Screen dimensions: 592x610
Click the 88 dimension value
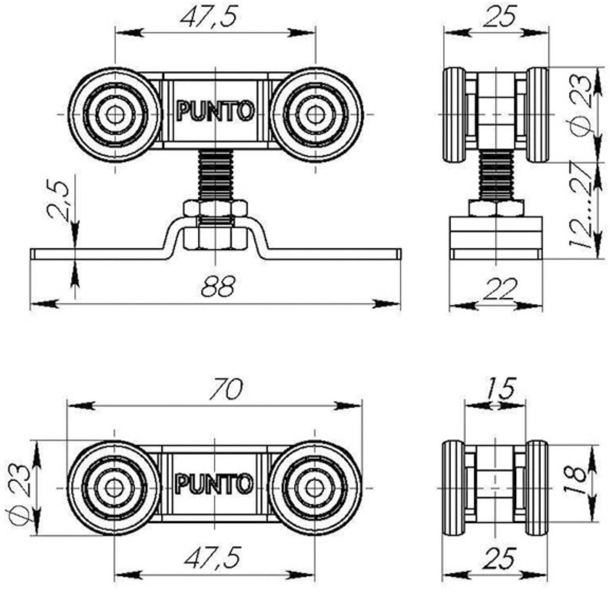pos(218,286)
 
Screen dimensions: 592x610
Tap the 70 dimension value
pos(226,389)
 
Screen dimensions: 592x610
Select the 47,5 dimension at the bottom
pos(212,557)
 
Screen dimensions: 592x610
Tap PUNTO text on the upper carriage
pos(215,111)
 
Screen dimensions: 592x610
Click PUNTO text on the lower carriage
pos(214,484)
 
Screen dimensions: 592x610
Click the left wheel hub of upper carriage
pos(115,114)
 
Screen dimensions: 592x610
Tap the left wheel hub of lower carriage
pos(115,488)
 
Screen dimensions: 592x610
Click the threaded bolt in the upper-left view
pos(215,175)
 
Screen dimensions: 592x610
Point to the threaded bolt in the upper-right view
pos(497,175)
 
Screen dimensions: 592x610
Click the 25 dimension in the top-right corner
pos(500,17)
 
